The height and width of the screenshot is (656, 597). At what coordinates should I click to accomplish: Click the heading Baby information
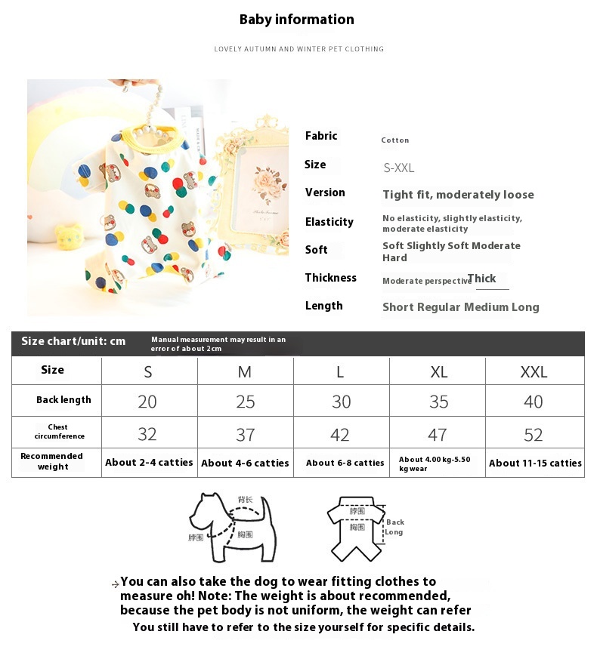pyautogui.click(x=296, y=20)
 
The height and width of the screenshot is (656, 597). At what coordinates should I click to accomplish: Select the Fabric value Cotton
pyautogui.click(x=395, y=140)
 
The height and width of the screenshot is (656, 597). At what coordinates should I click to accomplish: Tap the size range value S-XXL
pyautogui.click(x=399, y=168)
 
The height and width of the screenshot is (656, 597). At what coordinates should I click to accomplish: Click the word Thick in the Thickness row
pyautogui.click(x=481, y=279)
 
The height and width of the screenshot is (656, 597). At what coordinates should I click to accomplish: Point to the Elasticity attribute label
pyautogui.click(x=329, y=222)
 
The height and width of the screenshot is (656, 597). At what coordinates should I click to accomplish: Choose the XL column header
pyautogui.click(x=438, y=372)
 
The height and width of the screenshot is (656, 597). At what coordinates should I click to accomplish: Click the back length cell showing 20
pyautogui.click(x=147, y=402)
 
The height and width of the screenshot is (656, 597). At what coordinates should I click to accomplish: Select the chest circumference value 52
pyautogui.click(x=534, y=435)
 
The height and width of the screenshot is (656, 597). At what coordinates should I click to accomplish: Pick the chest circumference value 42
pyautogui.click(x=340, y=435)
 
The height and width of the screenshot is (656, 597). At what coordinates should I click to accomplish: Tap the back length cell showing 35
pyautogui.click(x=438, y=402)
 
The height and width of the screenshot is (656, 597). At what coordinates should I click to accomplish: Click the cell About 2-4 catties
pyautogui.click(x=149, y=463)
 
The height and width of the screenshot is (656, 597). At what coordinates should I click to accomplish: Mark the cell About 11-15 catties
pyautogui.click(x=535, y=464)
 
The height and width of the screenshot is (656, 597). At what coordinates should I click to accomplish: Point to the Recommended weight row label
pyautogui.click(x=52, y=461)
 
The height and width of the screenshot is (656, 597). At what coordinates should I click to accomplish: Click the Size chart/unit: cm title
pyautogui.click(x=73, y=341)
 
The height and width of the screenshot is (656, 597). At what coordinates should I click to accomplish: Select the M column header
pyautogui.click(x=245, y=372)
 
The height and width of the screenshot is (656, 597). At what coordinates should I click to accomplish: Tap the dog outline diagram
pyautogui.click(x=231, y=526)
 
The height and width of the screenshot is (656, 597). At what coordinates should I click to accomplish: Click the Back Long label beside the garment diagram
pyautogui.click(x=394, y=527)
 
